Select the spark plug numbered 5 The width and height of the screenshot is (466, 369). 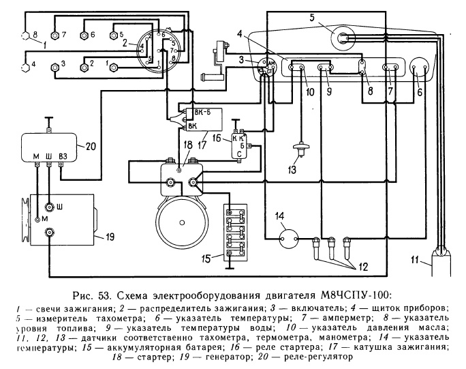pos(116,34)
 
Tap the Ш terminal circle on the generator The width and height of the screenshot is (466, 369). pos(49,207)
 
